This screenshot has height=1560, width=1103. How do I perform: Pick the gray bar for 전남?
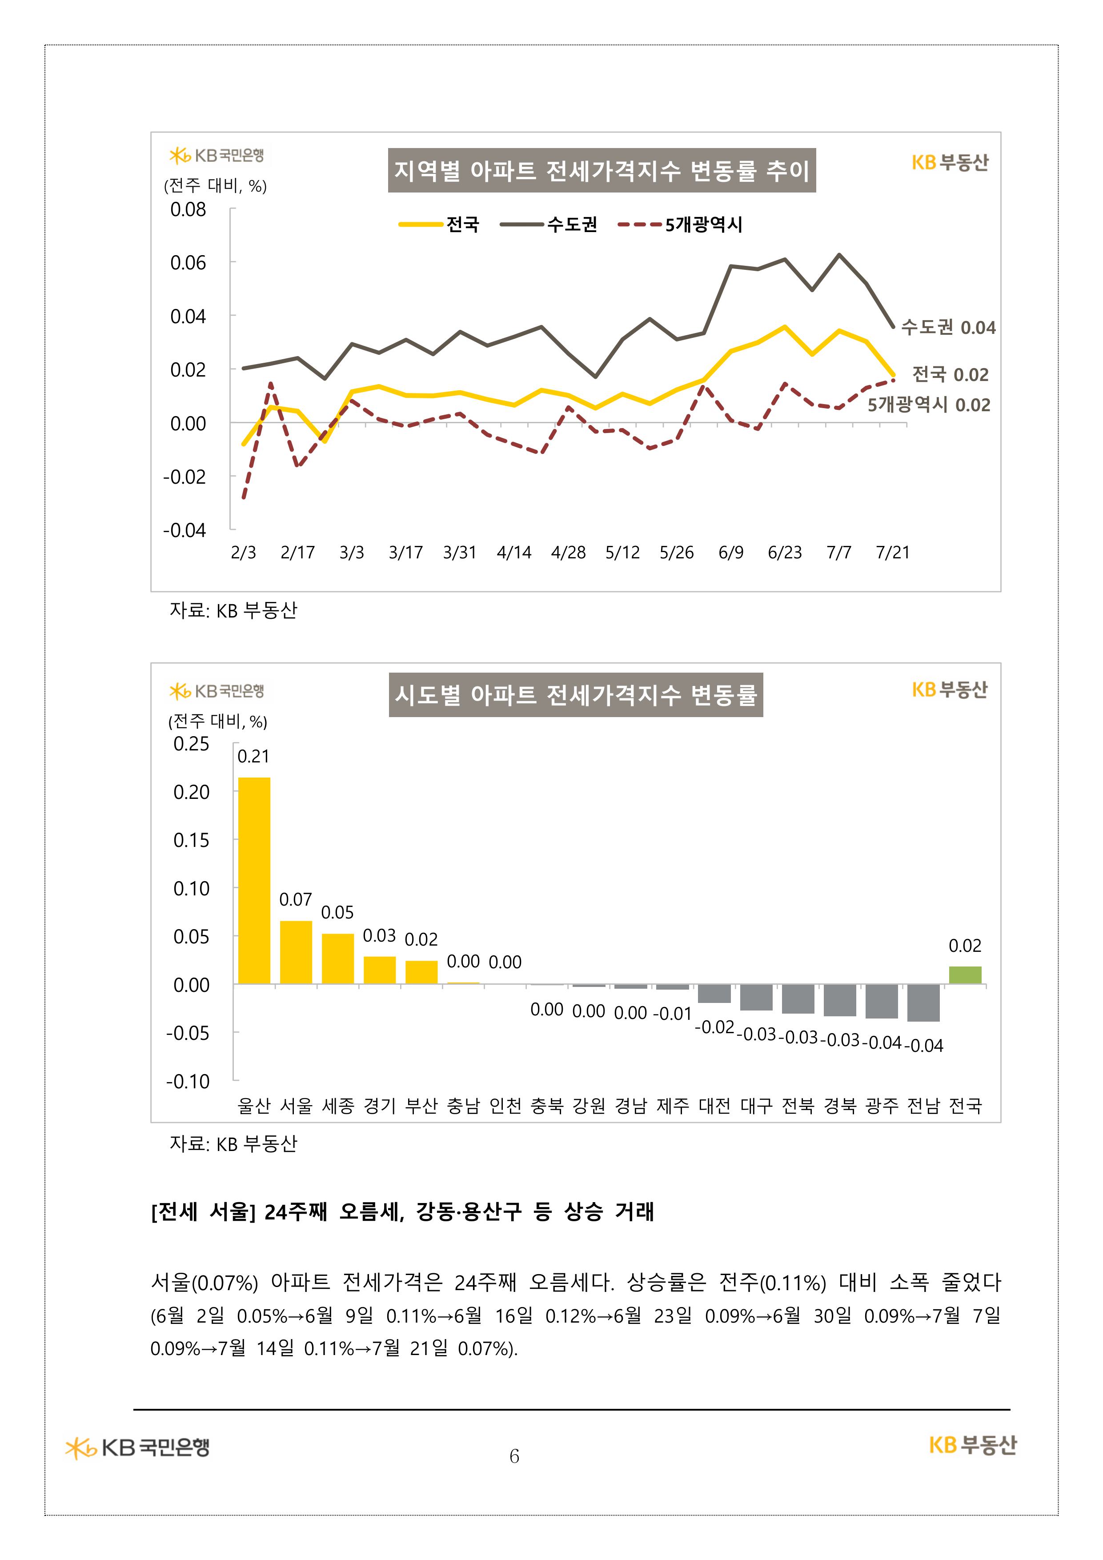pyautogui.click(x=923, y=1002)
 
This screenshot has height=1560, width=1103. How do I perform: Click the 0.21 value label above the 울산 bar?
pyautogui.click(x=253, y=756)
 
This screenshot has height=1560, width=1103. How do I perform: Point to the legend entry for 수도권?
pyautogui.click(x=549, y=224)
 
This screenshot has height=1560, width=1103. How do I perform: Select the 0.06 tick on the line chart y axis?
pyautogui.click(x=188, y=263)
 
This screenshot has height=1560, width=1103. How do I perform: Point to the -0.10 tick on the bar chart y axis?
pyautogui.click(x=188, y=1081)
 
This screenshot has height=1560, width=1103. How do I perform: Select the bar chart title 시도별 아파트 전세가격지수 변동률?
pyautogui.click(x=576, y=694)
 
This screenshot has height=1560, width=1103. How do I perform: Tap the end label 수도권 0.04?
pyautogui.click(x=948, y=328)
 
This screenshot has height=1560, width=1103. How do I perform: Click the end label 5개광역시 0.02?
pyautogui.click(x=928, y=405)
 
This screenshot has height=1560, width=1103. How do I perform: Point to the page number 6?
pyautogui.click(x=514, y=1456)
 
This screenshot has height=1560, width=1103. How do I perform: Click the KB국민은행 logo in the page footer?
pyautogui.click(x=138, y=1447)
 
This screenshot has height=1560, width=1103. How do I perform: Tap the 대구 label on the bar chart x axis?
pyautogui.click(x=756, y=1106)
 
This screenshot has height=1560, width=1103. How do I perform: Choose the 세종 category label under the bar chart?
pyautogui.click(x=338, y=1106)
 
